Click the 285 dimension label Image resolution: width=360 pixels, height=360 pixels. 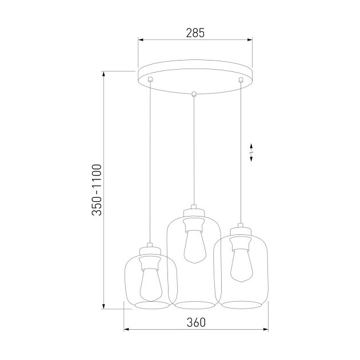tap(195, 33)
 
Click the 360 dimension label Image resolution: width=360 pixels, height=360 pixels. tap(195, 322)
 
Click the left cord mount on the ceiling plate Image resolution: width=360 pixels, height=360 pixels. tap(150, 80)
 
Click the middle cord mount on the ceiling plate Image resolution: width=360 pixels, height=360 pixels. tap(194, 94)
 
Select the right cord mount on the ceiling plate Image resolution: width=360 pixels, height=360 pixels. tap(241, 80)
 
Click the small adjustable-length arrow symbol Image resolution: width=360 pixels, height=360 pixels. tap(252, 153)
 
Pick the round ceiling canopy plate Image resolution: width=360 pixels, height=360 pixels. tap(195, 80)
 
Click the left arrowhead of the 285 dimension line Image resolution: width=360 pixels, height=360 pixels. tap(141, 40)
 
